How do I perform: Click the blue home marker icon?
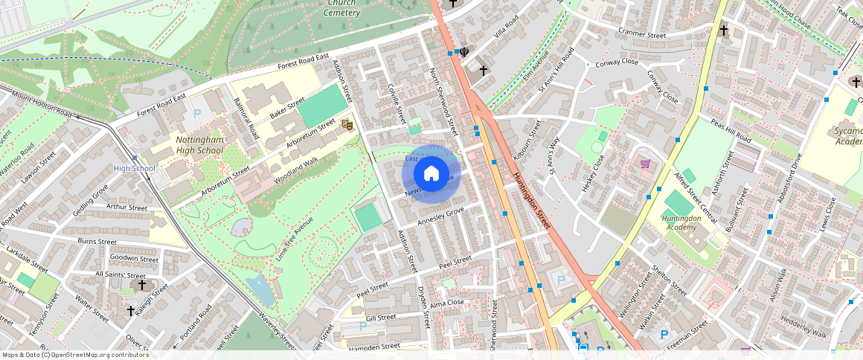tap(431, 174)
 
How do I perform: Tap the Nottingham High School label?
tap(199, 144)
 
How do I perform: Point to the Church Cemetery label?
tap(342, 7)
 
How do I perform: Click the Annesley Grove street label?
tap(440, 216)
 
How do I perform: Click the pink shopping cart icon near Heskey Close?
tap(645, 164)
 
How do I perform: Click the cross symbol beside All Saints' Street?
tap(141, 284)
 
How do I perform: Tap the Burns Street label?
tap(97, 241)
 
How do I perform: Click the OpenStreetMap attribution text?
tap(74, 355)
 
